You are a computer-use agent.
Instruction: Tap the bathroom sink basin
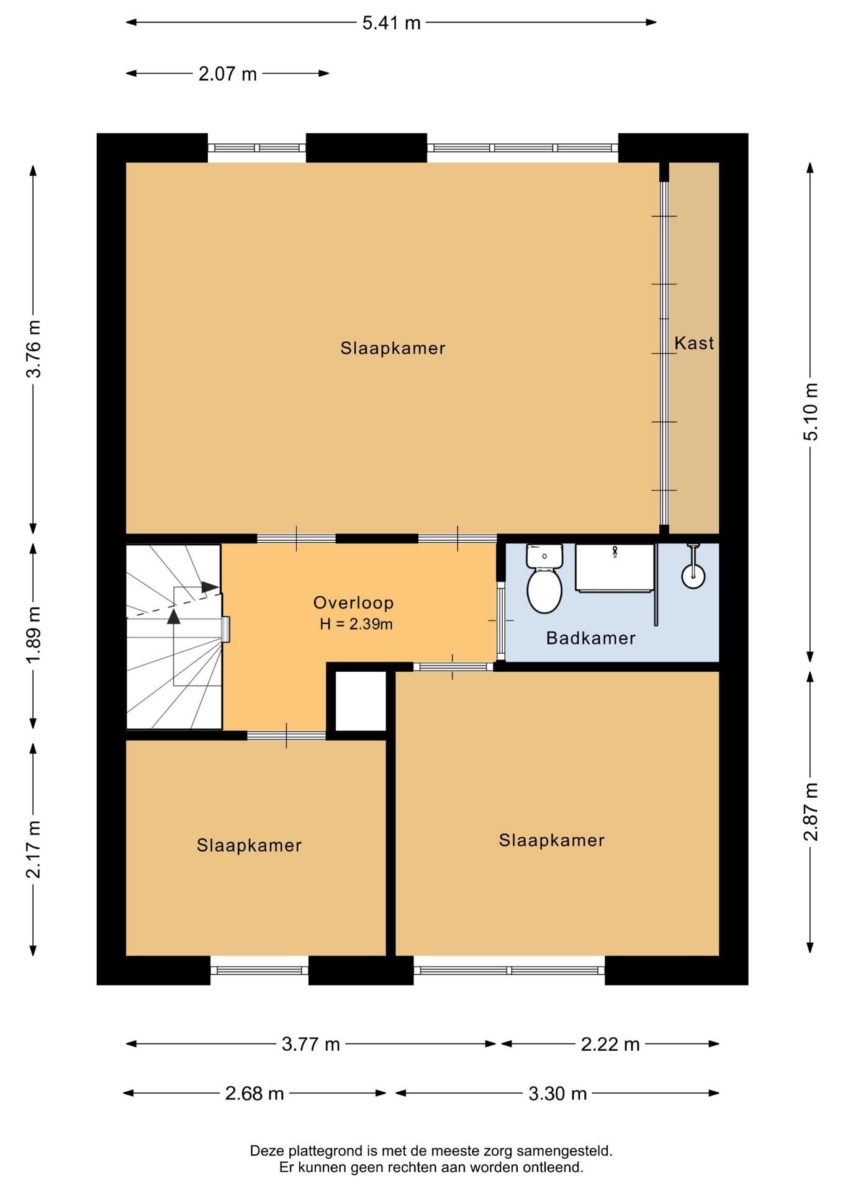(x=615, y=568)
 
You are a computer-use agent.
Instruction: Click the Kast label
(x=694, y=343)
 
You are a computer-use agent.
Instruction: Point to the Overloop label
(x=353, y=602)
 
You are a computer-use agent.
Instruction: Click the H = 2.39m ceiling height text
(x=356, y=624)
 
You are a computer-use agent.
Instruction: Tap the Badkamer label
(x=590, y=638)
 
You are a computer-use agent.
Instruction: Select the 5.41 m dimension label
(x=391, y=23)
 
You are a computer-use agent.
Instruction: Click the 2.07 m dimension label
(x=227, y=74)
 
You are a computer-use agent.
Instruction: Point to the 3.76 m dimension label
(x=34, y=349)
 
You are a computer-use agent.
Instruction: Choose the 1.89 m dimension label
(x=34, y=634)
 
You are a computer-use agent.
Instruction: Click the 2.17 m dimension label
(x=34, y=849)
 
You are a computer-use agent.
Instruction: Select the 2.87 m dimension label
(x=811, y=811)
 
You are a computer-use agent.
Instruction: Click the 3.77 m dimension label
(x=310, y=1045)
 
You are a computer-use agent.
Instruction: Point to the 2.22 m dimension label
(x=610, y=1045)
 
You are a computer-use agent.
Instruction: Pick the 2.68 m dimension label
(x=255, y=1093)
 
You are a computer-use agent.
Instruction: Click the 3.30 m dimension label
(x=557, y=1093)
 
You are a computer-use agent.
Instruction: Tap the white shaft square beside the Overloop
(x=361, y=702)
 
